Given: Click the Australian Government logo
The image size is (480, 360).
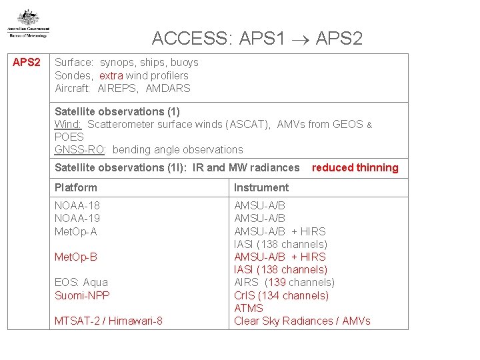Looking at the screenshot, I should tap(28, 24).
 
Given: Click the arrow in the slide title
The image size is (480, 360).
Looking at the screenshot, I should tap(301, 39).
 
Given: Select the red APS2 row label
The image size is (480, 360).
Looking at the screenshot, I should tap(27, 63).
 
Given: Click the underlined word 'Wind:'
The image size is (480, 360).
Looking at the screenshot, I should tap(68, 124).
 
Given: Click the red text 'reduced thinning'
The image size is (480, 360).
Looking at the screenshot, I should tap(355, 168).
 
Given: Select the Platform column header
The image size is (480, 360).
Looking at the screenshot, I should tap(76, 187).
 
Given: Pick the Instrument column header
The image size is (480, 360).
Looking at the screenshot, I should tap(261, 187).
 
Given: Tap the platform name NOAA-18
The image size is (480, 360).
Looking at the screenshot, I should tap(77, 206).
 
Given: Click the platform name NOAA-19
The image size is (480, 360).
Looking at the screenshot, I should tap(77, 219).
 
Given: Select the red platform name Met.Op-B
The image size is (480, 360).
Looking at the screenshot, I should tap(75, 257).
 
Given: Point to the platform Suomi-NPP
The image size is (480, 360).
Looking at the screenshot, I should tap(82, 295).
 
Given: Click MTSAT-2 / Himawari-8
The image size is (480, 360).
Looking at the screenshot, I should tap(109, 321).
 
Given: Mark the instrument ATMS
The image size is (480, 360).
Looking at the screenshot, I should tap(249, 308).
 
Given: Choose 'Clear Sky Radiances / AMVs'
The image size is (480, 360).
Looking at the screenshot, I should tap(302, 321).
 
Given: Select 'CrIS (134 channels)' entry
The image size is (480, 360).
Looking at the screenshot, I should tap(281, 295).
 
